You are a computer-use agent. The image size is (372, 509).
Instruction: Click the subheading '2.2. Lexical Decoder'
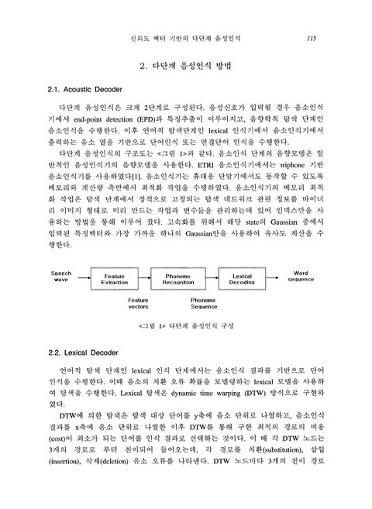(80, 353)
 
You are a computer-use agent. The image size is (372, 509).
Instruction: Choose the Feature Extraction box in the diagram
(115, 279)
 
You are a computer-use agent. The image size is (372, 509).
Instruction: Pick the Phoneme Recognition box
(183, 279)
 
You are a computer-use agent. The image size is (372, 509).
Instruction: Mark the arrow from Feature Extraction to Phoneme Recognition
(148, 279)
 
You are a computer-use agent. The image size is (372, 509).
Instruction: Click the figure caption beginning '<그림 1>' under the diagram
(186, 325)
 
